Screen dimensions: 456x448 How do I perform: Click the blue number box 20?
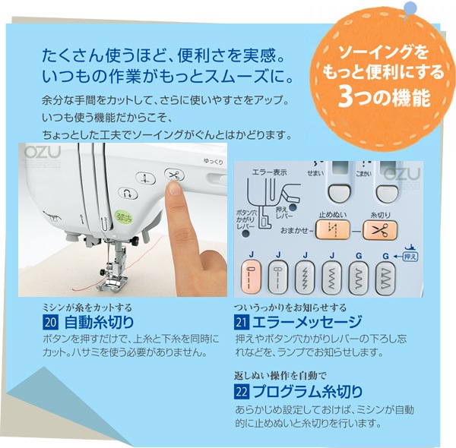coord(50,323)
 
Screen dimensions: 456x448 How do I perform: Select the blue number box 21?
coord(242,323)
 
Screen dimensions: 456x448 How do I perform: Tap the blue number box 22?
coord(242,393)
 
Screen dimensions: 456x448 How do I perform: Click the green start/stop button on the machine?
coord(124,217)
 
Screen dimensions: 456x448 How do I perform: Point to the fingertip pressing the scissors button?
coord(175,189)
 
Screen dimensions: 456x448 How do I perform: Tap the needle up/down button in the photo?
coord(145,178)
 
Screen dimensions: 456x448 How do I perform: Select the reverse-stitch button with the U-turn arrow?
coord(128,194)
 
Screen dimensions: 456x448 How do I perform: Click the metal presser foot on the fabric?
coord(112,282)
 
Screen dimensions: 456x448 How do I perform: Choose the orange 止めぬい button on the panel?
coord(332,229)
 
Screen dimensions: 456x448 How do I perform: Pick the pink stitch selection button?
coord(251,277)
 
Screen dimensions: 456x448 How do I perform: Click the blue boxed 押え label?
coord(410,257)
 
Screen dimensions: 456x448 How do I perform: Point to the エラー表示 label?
coord(269,172)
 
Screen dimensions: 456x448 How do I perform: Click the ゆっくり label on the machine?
coord(213,161)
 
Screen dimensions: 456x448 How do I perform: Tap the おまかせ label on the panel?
coord(294,230)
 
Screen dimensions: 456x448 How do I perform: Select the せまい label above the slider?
coord(315,173)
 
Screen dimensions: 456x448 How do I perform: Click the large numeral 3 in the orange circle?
coord(345,97)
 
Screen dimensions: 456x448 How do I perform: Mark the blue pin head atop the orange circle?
coord(410,8)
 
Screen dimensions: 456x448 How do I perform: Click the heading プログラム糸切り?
coord(307,392)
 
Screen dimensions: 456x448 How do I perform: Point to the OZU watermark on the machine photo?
coord(43,152)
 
